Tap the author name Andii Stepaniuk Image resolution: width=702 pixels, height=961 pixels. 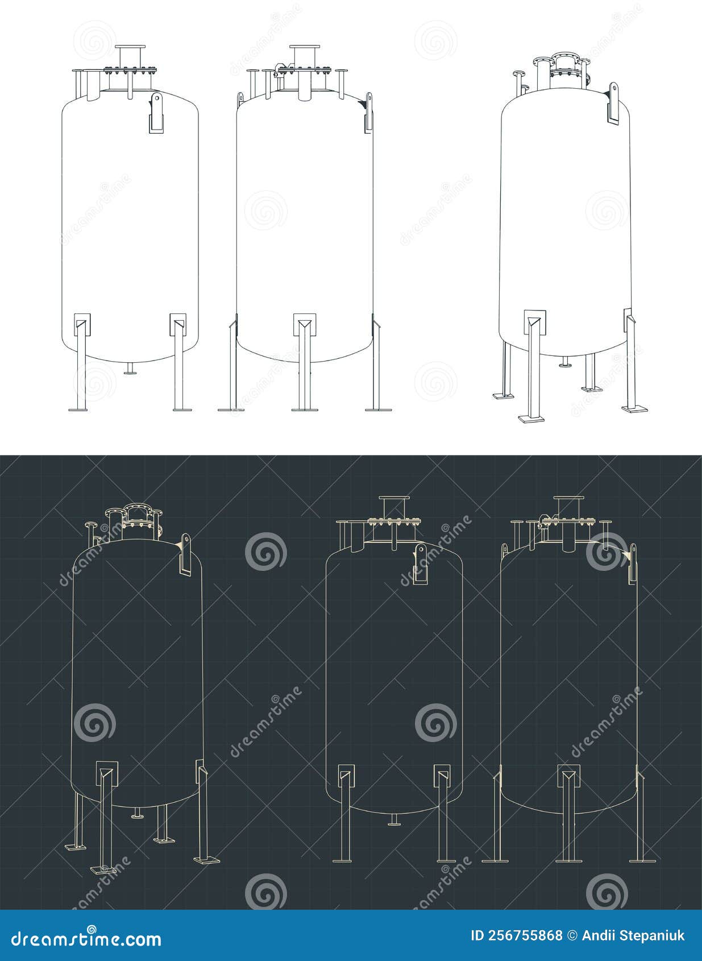(x=633, y=935)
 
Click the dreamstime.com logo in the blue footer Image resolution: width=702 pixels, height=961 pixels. (x=86, y=938)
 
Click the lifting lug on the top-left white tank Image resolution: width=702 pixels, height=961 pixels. (x=156, y=113)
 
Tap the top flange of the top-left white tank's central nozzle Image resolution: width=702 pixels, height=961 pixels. (x=130, y=47)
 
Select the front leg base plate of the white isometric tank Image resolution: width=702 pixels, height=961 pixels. (x=531, y=419)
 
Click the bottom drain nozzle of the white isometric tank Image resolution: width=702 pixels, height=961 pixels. (x=565, y=362)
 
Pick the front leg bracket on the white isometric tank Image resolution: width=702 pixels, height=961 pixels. (x=534, y=322)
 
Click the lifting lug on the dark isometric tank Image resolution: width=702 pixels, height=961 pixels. (x=185, y=554)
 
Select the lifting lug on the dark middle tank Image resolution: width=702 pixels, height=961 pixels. (x=420, y=563)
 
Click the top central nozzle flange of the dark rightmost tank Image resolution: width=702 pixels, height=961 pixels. (x=568, y=499)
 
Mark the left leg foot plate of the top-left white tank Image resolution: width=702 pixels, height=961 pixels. (x=78, y=409)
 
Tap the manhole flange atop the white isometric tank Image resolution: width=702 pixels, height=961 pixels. (x=564, y=57)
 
